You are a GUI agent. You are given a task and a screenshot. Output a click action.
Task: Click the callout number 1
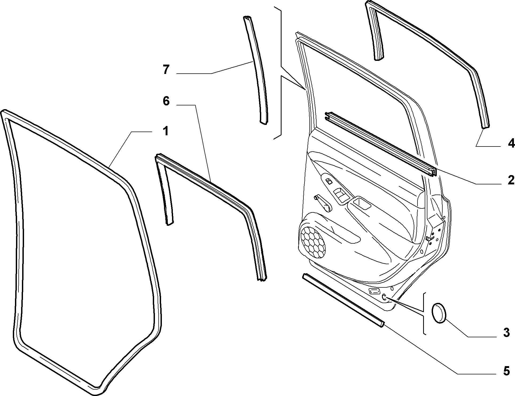pos(166,132)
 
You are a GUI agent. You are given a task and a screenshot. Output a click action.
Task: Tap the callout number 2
pos(510,180)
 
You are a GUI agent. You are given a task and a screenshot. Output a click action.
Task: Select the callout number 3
pos(506,333)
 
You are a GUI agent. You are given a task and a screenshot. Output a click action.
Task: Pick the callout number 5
pos(506,371)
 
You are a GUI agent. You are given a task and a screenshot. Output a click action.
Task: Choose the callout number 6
pos(166,101)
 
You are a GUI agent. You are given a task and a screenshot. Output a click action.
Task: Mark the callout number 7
pos(166,70)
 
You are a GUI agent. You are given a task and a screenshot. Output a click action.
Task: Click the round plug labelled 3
pos(439,312)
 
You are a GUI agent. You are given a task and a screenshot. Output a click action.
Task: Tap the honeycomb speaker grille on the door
pos(313,242)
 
